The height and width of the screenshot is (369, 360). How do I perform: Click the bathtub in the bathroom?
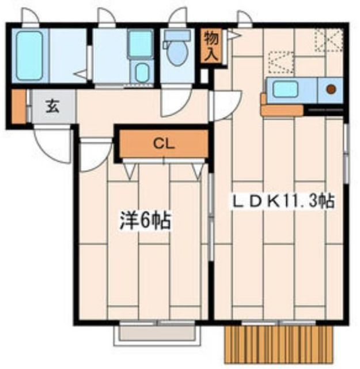click(29, 56)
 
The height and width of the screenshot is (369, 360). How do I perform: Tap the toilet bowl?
click(177, 53)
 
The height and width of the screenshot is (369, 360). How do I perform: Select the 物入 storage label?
click(211, 46)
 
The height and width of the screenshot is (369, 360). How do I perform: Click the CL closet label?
click(164, 144)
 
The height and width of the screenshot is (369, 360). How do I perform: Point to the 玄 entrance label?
click(52, 106)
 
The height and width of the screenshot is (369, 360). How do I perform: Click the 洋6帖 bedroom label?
click(145, 221)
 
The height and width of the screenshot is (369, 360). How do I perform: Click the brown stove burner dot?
click(331, 89)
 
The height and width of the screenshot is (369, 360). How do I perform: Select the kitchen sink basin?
click(285, 89)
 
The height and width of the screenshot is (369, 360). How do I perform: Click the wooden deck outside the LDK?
click(279, 344)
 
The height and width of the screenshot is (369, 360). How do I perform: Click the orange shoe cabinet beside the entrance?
click(19, 106)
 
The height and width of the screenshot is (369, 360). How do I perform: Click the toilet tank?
click(177, 36)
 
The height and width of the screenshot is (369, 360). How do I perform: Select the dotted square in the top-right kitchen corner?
click(328, 40)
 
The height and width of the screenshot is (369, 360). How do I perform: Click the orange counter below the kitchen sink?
click(282, 110)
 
